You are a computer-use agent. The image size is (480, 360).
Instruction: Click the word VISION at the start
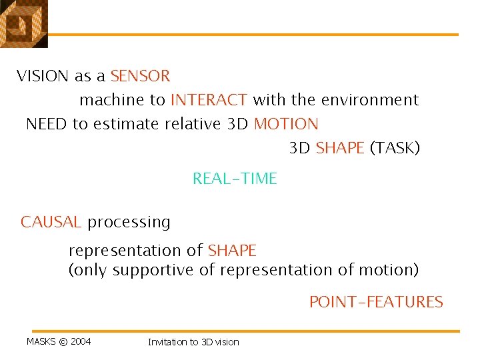point(43,76)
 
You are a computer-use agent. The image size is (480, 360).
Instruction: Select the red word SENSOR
point(140,76)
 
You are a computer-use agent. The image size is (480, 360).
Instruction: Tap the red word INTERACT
point(209,100)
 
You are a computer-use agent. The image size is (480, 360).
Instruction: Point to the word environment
point(370,100)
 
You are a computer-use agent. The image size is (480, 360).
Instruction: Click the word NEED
point(46,124)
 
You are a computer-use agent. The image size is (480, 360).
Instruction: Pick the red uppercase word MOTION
point(286,124)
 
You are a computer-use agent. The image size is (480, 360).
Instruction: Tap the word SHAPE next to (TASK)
point(340,148)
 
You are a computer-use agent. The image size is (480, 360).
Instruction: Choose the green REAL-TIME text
point(235,179)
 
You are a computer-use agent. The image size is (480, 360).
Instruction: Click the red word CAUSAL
point(51,222)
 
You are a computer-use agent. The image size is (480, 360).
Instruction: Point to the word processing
point(129,223)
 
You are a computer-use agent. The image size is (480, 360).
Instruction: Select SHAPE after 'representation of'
point(232,251)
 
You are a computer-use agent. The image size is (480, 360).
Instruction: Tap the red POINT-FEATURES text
point(376,302)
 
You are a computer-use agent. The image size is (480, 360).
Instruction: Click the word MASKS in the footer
point(41,342)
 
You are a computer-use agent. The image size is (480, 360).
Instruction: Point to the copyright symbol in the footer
point(63,342)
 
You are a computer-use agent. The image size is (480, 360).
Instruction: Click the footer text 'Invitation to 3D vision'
point(193,342)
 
